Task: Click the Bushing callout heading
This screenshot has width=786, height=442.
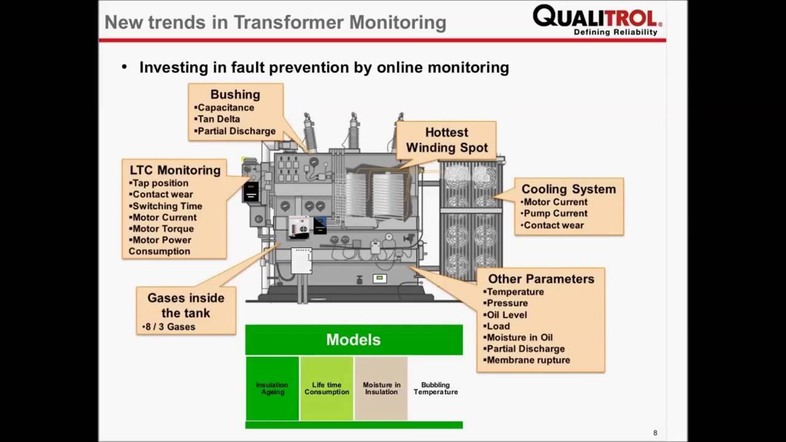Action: click(235, 95)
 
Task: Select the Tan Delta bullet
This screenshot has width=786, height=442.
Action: click(219, 119)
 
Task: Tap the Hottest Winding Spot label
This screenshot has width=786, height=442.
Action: click(446, 140)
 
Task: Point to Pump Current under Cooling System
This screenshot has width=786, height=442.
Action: click(554, 214)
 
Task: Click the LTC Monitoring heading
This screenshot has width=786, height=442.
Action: click(175, 170)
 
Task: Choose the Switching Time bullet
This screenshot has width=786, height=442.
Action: click(167, 206)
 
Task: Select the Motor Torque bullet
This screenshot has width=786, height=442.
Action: click(163, 229)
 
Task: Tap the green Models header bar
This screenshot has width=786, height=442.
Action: click(354, 339)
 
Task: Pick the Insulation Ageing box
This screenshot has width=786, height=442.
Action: click(272, 389)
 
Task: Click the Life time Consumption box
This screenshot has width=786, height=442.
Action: click(326, 389)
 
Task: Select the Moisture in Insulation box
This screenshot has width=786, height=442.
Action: click(381, 389)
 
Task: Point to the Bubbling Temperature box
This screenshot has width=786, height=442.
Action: click(435, 389)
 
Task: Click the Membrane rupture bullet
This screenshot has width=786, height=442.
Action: click(528, 360)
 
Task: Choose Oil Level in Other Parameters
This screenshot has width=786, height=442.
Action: click(507, 315)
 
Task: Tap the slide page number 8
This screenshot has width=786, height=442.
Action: click(655, 433)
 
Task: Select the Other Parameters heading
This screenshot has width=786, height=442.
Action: click(541, 279)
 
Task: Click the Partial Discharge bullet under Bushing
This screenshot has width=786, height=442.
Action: click(236, 131)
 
